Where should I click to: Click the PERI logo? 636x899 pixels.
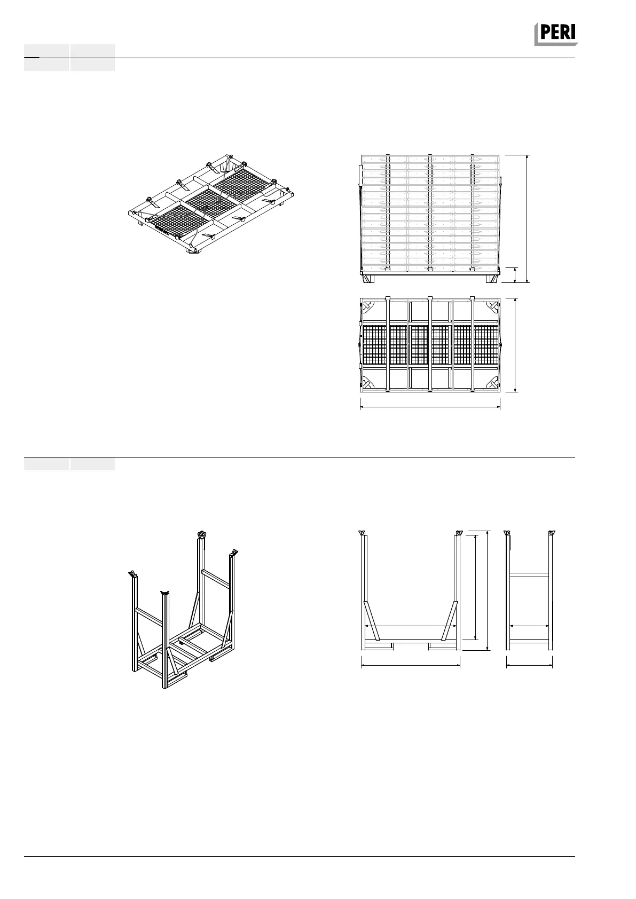click(x=556, y=34)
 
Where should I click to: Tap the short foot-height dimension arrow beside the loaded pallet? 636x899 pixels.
click(x=514, y=274)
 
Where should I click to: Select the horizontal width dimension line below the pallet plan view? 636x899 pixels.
click(x=430, y=407)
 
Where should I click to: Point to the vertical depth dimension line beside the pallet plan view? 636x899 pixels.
click(x=515, y=345)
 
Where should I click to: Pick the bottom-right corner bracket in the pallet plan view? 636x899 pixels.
click(x=492, y=383)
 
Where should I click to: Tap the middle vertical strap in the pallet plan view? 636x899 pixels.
click(x=430, y=345)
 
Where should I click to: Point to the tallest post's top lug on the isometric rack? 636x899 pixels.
click(x=201, y=535)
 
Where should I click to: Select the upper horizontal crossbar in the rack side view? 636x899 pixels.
click(x=529, y=574)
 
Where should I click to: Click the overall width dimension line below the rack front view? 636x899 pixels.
click(x=411, y=665)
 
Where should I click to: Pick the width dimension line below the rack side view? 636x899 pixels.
click(x=529, y=665)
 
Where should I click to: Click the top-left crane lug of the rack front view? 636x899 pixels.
click(x=362, y=534)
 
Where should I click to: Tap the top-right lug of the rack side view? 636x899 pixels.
click(x=551, y=533)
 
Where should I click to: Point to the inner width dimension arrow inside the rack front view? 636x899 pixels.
click(x=411, y=626)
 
